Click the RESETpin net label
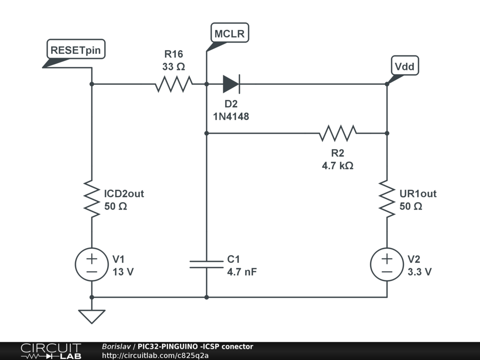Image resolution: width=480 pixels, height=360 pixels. pyautogui.click(x=75, y=50)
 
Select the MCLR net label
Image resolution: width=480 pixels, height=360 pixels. pyautogui.click(x=230, y=34)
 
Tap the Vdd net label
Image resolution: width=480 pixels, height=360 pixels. pyautogui.click(x=405, y=67)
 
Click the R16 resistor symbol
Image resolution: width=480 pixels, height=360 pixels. pyautogui.click(x=173, y=84)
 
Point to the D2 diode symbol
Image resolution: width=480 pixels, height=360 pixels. pyautogui.click(x=231, y=84)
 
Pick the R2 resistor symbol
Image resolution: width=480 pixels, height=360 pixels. pyautogui.click(x=337, y=133)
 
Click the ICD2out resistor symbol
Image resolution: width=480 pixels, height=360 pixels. pyautogui.click(x=92, y=200)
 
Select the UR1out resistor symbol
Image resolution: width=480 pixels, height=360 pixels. pyautogui.click(x=387, y=200)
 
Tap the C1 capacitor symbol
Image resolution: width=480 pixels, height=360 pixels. pyautogui.click(x=207, y=264)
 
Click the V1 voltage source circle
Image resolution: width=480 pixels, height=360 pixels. pyautogui.click(x=92, y=264)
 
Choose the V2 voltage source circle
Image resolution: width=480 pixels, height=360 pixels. pyautogui.click(x=387, y=264)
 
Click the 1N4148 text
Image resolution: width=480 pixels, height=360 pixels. pyautogui.click(x=231, y=117)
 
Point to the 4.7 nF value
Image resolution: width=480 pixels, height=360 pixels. pyautogui.click(x=242, y=272)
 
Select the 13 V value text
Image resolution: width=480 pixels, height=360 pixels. pyautogui.click(x=123, y=272)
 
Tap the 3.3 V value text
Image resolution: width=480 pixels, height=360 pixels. pyautogui.click(x=420, y=272)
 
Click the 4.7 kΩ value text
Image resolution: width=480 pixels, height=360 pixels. pyautogui.click(x=337, y=165)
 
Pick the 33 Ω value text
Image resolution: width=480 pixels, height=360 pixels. pyautogui.click(x=173, y=67)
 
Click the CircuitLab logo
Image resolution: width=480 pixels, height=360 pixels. pyautogui.click(x=51, y=351)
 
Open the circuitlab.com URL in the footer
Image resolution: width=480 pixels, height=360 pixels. pyautogui.click(x=155, y=355)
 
